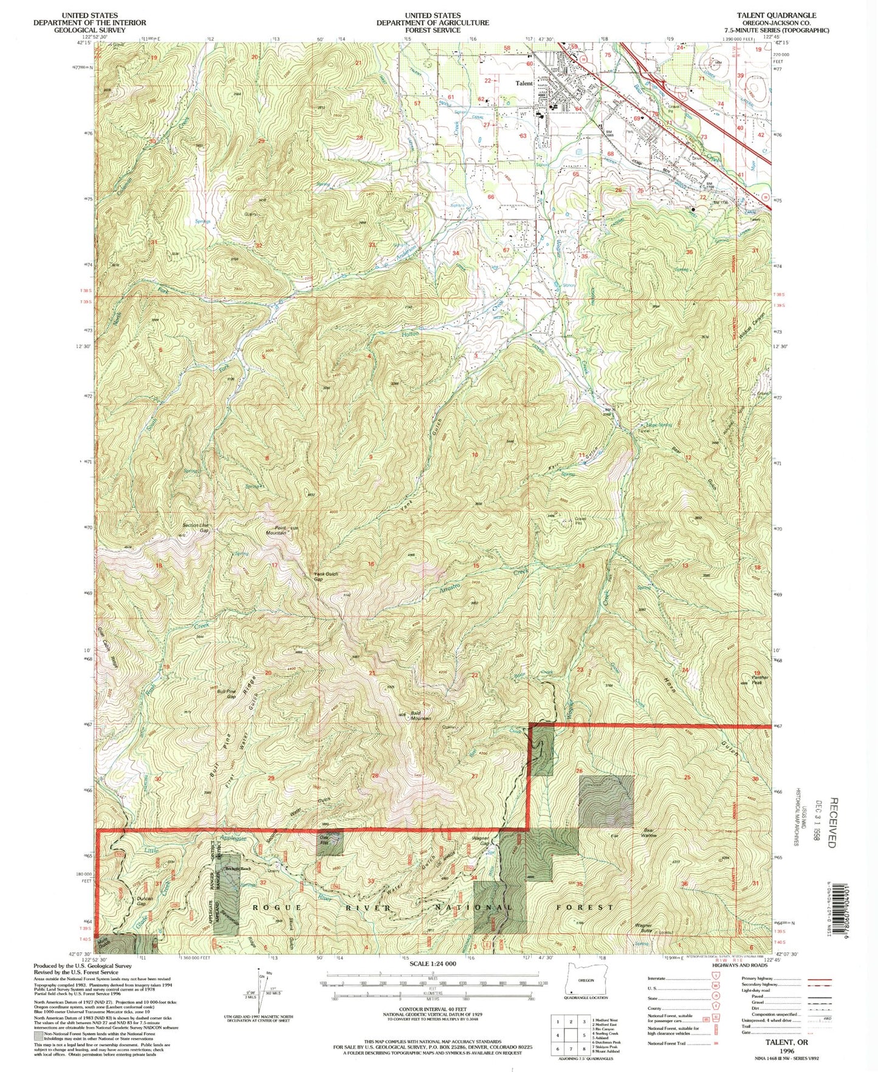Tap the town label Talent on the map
tap(524, 84)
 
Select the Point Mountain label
tap(275, 530)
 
